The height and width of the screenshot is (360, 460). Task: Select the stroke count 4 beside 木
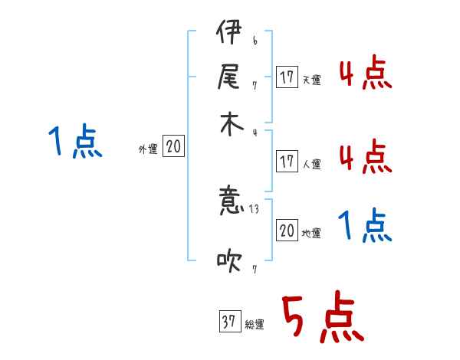254,133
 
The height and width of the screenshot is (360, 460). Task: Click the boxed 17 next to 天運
287,77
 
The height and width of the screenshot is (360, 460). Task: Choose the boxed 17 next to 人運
287,161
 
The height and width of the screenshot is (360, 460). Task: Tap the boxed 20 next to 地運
287,231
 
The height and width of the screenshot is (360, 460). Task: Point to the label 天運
312,80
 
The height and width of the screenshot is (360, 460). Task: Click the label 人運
312,163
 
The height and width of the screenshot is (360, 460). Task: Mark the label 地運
312,233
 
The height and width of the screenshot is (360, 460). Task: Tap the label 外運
148,149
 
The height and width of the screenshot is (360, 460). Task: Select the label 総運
255,325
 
